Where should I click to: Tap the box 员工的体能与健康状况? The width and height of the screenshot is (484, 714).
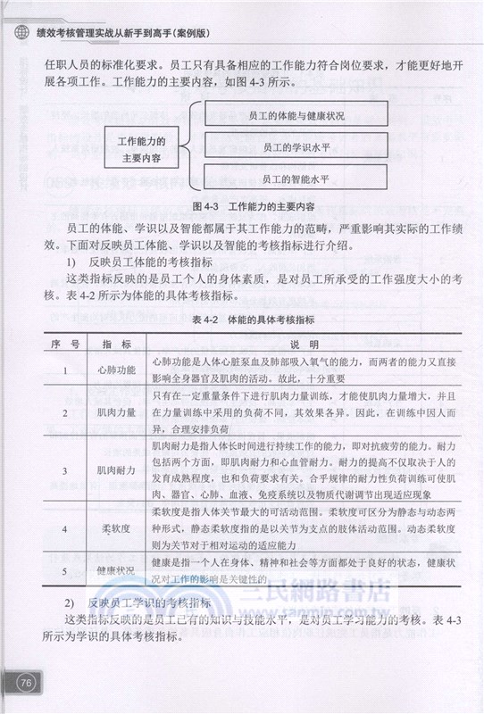(x=296, y=116)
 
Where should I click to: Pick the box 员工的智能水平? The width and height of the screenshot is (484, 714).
(x=296, y=178)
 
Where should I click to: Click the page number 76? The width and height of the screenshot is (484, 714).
(x=26, y=684)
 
